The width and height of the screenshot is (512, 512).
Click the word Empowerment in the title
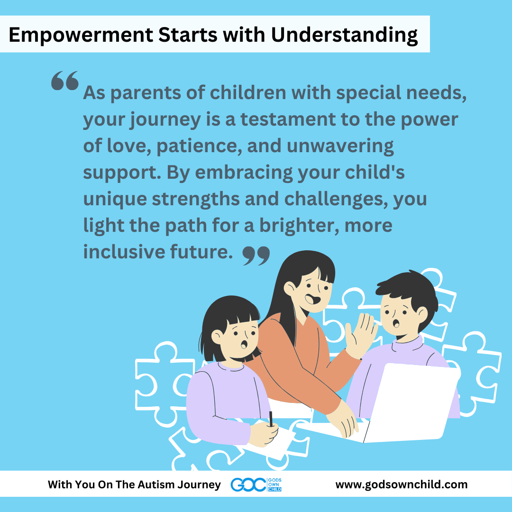click(x=81, y=35)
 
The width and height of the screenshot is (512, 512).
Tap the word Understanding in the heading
click(x=344, y=35)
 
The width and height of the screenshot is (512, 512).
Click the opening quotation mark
click(x=65, y=80)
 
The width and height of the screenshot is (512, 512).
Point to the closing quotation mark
click(x=256, y=256)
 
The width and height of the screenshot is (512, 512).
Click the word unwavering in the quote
click(x=340, y=146)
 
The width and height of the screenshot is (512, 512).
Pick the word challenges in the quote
click(x=336, y=199)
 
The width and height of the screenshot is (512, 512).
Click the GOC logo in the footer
click(x=256, y=485)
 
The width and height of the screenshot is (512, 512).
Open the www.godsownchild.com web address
click(x=402, y=485)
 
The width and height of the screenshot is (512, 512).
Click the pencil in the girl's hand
click(x=271, y=419)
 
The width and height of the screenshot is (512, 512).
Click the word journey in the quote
click(x=165, y=119)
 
